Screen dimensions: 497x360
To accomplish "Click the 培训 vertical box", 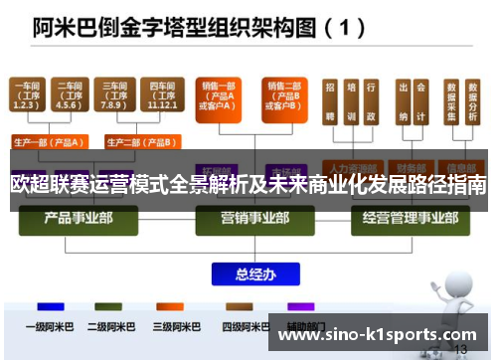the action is (x=350, y=102).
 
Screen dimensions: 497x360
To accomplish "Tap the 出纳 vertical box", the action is (x=403, y=102).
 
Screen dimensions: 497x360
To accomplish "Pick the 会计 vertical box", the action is (x=422, y=102).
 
